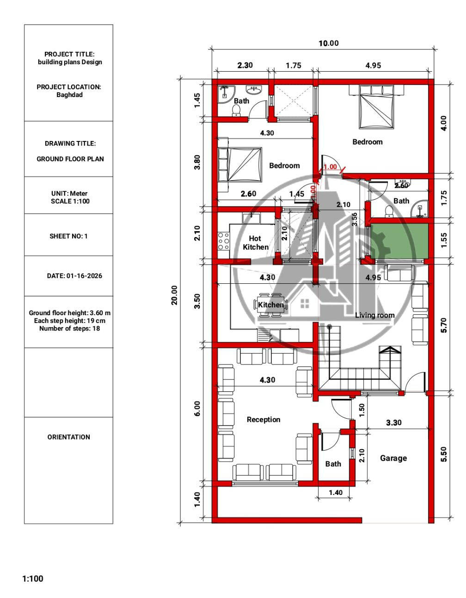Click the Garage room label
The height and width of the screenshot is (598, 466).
tap(393, 458)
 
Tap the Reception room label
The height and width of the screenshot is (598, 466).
tap(264, 420)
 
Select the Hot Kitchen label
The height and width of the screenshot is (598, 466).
tap(256, 243)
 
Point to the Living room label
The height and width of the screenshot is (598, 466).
tap(374, 315)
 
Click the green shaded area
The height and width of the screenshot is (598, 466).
tap(399, 241)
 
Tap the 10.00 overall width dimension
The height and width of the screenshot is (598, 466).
tap(329, 43)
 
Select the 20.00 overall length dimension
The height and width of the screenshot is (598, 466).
tap(174, 295)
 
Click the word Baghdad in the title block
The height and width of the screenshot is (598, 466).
tap(69, 95)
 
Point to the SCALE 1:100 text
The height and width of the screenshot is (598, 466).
tap(70, 201)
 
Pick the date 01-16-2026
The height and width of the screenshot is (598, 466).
tap(84, 276)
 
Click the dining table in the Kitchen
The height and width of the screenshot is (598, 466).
tap(271, 305)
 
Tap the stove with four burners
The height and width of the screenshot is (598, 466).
tap(223, 241)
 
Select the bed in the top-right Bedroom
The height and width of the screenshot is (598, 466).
tap(376, 107)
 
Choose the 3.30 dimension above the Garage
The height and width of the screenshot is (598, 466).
tap(393, 422)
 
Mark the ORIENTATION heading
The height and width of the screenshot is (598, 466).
tap(69, 437)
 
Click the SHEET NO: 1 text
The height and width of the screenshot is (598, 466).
tap(68, 236)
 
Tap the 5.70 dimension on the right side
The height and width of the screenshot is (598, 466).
tap(444, 325)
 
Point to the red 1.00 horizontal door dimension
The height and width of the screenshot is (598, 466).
tap(330, 167)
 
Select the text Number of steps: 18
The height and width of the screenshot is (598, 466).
tap(69, 328)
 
